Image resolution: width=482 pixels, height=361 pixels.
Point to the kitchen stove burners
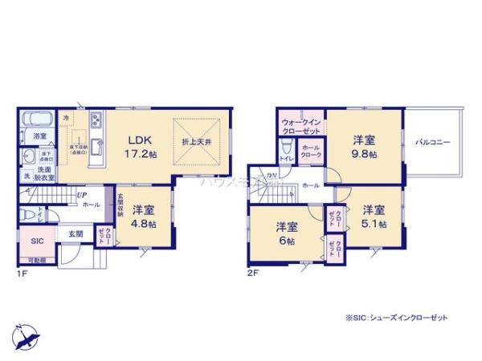(96, 121)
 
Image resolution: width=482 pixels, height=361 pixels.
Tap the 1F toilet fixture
(29, 215)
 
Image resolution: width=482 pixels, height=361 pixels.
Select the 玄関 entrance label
(75, 233)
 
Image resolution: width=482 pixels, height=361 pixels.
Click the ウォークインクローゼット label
(301, 126)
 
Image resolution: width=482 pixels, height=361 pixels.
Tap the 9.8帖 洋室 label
(364, 145)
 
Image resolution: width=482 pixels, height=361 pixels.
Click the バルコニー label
(432, 143)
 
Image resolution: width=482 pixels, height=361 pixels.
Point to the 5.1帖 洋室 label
(374, 215)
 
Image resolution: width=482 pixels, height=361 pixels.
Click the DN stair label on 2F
(272, 177)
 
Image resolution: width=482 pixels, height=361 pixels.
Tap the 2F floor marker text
(251, 273)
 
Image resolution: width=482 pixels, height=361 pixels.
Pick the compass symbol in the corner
(24, 334)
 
